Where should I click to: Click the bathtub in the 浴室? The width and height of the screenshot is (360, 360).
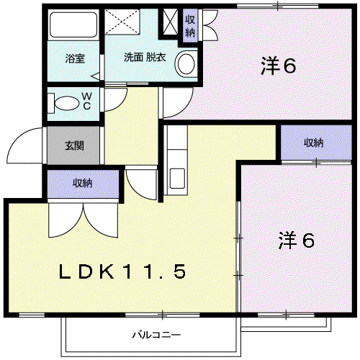(73, 24)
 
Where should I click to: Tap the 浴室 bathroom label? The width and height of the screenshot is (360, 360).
(75, 58)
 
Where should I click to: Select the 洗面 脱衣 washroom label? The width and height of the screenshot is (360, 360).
(145, 57)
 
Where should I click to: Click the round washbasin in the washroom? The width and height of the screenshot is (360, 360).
(186, 63)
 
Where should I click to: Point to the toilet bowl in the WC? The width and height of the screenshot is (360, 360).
(67, 103)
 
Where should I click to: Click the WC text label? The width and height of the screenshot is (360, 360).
(86, 101)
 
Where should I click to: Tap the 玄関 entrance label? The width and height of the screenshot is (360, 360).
(74, 145)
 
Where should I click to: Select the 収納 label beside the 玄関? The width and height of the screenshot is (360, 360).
(82, 183)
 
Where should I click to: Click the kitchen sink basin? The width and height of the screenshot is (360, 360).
(177, 179)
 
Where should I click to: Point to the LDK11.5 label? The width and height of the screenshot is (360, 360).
(122, 271)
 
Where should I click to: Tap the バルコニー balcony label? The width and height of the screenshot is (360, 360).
(156, 335)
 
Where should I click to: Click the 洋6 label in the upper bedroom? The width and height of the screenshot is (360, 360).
(279, 66)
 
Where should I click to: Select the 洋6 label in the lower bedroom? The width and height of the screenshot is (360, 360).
(297, 240)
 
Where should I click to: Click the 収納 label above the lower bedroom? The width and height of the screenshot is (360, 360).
(314, 143)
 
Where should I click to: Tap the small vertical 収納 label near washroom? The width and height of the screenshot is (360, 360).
(190, 26)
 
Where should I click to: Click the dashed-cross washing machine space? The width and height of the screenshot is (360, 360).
(122, 22)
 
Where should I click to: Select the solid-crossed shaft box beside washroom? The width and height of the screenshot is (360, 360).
(170, 22)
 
